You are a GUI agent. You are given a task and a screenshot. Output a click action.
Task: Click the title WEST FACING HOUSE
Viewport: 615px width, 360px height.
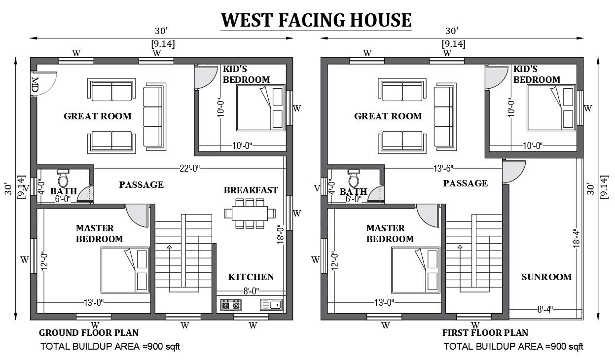[316, 20]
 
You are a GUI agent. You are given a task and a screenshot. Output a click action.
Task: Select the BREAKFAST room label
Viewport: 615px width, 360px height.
[251, 190]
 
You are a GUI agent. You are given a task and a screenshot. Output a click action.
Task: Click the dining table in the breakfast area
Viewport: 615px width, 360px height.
[249, 213]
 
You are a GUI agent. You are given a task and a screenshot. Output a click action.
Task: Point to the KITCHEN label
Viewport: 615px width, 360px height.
[251, 277]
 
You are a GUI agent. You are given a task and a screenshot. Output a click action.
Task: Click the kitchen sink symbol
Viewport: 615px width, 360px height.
[271, 305]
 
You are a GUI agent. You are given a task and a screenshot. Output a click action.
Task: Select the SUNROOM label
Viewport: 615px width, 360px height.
[546, 277]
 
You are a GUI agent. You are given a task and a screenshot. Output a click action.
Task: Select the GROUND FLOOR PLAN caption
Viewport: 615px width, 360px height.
[89, 333]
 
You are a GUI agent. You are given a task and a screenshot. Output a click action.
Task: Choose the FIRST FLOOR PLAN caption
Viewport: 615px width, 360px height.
[485, 333]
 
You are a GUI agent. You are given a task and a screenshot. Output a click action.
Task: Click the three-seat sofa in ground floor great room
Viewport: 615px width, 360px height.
[153, 117]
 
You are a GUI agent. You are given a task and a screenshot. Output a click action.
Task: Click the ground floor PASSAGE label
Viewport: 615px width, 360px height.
[141, 184]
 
